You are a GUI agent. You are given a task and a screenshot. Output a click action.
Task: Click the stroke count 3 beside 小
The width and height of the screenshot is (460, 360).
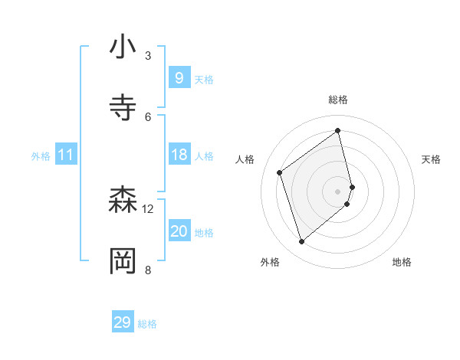[x=148, y=56]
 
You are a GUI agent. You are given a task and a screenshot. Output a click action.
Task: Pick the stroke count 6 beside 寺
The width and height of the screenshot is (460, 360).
[x=148, y=116]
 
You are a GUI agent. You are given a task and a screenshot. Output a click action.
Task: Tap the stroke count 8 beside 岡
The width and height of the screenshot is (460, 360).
[x=148, y=270]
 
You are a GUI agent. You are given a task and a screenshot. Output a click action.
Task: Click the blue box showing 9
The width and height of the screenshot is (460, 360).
[x=179, y=77]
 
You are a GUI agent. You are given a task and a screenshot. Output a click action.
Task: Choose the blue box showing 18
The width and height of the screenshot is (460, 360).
[x=179, y=155]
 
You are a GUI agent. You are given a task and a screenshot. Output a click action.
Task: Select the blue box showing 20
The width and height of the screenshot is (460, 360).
[x=179, y=231]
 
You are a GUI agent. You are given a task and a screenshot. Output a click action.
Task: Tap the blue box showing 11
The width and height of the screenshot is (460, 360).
[x=66, y=155]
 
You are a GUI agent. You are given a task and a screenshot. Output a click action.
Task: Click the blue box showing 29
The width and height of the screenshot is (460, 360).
[x=123, y=322]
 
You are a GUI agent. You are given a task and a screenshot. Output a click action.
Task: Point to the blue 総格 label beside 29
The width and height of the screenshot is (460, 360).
[x=147, y=324]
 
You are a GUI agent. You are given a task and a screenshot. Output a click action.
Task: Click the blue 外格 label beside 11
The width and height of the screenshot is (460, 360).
[x=41, y=156]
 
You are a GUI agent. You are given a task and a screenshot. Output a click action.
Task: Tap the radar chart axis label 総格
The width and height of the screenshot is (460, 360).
[x=338, y=100]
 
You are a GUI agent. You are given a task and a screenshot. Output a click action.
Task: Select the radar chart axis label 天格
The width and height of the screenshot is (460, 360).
[x=431, y=159]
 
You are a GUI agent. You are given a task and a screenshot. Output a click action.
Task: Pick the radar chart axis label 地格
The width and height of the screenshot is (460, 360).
[x=402, y=262]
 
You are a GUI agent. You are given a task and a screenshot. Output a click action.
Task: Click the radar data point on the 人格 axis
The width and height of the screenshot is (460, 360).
[x=280, y=172]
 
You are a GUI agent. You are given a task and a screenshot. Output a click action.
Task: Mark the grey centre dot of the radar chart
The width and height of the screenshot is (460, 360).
[x=338, y=190]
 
